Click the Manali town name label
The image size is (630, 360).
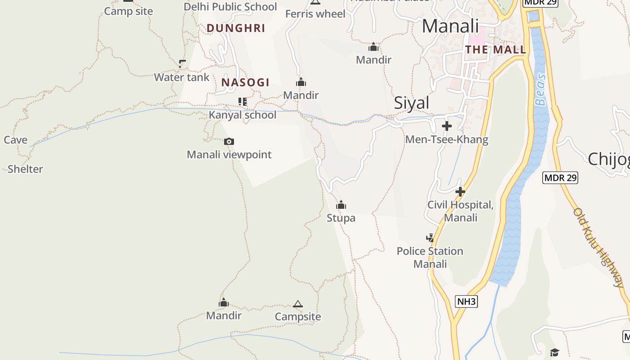tap(450, 26)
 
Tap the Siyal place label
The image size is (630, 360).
tap(412, 103)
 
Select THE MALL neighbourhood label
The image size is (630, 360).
tap(495, 49)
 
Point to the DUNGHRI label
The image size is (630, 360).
tap(236, 28)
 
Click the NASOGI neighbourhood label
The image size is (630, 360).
tap(245, 82)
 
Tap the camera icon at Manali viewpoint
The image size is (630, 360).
tap(229, 142)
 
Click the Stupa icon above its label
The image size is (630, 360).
tap(341, 205)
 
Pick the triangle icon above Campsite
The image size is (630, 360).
tap(297, 304)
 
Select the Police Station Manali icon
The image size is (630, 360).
tap(430, 238)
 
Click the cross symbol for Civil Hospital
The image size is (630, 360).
tap(460, 192)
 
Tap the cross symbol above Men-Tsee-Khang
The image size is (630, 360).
tap(446, 126)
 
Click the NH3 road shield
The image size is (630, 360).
tap(466, 301)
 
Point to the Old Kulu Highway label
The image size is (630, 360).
tap(599, 247)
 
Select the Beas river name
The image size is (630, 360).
tap(540, 90)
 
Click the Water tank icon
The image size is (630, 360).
tap(182, 64)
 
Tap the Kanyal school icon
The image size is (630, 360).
tap(243, 102)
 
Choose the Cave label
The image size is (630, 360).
tap(16, 140)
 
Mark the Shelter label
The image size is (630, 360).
tap(25, 169)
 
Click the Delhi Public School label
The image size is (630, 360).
tap(230, 7)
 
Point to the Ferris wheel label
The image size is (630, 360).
tap(315, 14)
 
